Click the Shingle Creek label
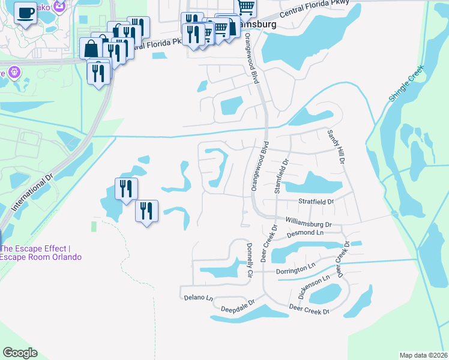pyautogui.click(x=403, y=88)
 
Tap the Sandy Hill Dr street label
pyautogui.click(x=335, y=148)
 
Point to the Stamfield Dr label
pyautogui.click(x=278, y=175)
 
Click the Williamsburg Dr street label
pyautogui.click(x=309, y=222)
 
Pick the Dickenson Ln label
pyautogui.click(x=314, y=286)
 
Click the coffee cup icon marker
pyautogui.click(x=25, y=13)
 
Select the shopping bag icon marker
pyautogui.click(x=91, y=48)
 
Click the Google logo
pyautogui.click(x=20, y=353)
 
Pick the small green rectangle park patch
pyautogui.click(x=93, y=226)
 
